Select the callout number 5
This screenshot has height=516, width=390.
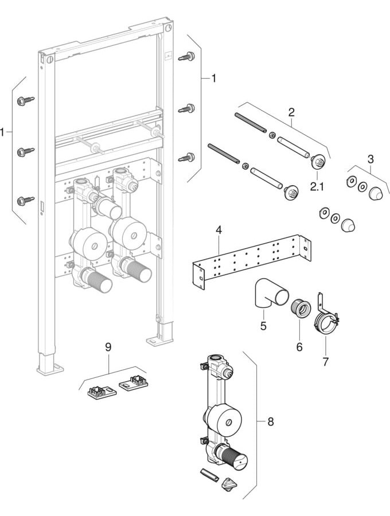(263, 326)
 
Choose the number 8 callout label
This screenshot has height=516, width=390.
(271, 421)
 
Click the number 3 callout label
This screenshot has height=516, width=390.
(370, 159)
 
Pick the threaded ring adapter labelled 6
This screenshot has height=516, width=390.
(299, 308)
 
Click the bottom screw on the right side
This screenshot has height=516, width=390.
(186, 157)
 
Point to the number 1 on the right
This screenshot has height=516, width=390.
(213, 79)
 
